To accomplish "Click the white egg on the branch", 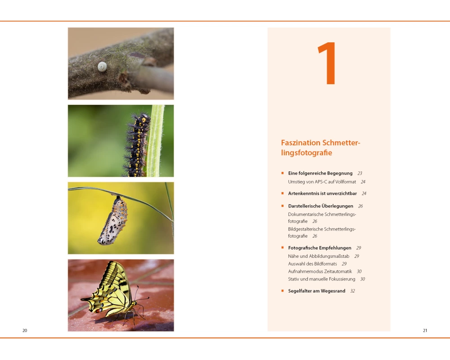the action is tap(102, 67).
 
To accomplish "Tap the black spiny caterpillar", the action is tap(137, 145).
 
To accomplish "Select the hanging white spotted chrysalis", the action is tap(113, 220).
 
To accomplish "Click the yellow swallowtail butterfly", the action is tap(113, 292).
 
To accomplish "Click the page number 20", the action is tap(25, 330).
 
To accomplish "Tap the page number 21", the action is tap(425, 330).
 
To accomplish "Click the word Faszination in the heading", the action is tap(301, 143).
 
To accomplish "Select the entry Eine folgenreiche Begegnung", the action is tap(320, 173).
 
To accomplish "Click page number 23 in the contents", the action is tap(360, 173).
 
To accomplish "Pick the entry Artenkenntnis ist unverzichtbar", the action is tap(323, 193).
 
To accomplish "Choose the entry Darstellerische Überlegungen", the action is tap(320, 206).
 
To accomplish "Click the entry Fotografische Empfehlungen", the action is tap(319, 248).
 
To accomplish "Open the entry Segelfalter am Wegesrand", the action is tap(316, 291).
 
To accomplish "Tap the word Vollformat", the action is tap(346, 182).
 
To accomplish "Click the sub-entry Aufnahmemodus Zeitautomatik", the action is tap(320, 271).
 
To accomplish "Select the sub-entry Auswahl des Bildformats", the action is tap(313, 264).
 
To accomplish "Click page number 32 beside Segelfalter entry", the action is tap(353, 291).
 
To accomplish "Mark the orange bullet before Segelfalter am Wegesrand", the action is tap(283, 291).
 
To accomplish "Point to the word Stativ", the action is tap(294, 279).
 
